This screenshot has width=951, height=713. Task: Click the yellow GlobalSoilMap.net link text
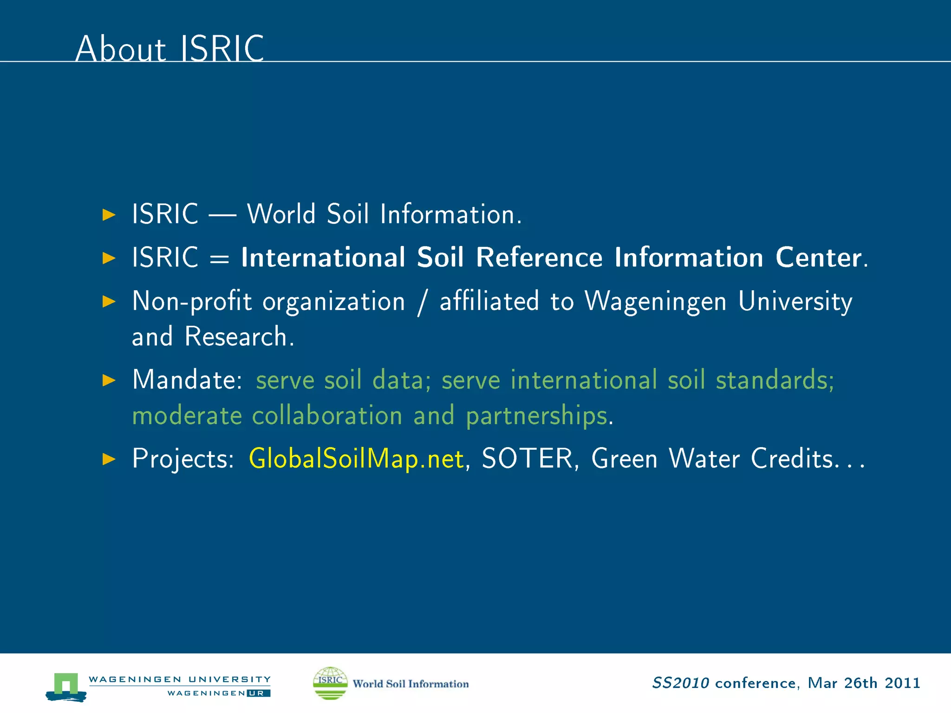coord(356,459)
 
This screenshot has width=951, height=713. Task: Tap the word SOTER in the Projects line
coord(528,459)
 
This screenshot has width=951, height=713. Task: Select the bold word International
coord(323,258)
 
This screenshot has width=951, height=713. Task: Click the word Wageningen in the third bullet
coord(655,302)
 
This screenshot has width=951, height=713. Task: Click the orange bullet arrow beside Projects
coord(109,459)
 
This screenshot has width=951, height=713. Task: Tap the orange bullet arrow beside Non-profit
coord(109,302)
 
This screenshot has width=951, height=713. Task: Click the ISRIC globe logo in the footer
coord(330,683)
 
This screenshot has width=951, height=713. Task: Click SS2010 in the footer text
coord(680,683)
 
